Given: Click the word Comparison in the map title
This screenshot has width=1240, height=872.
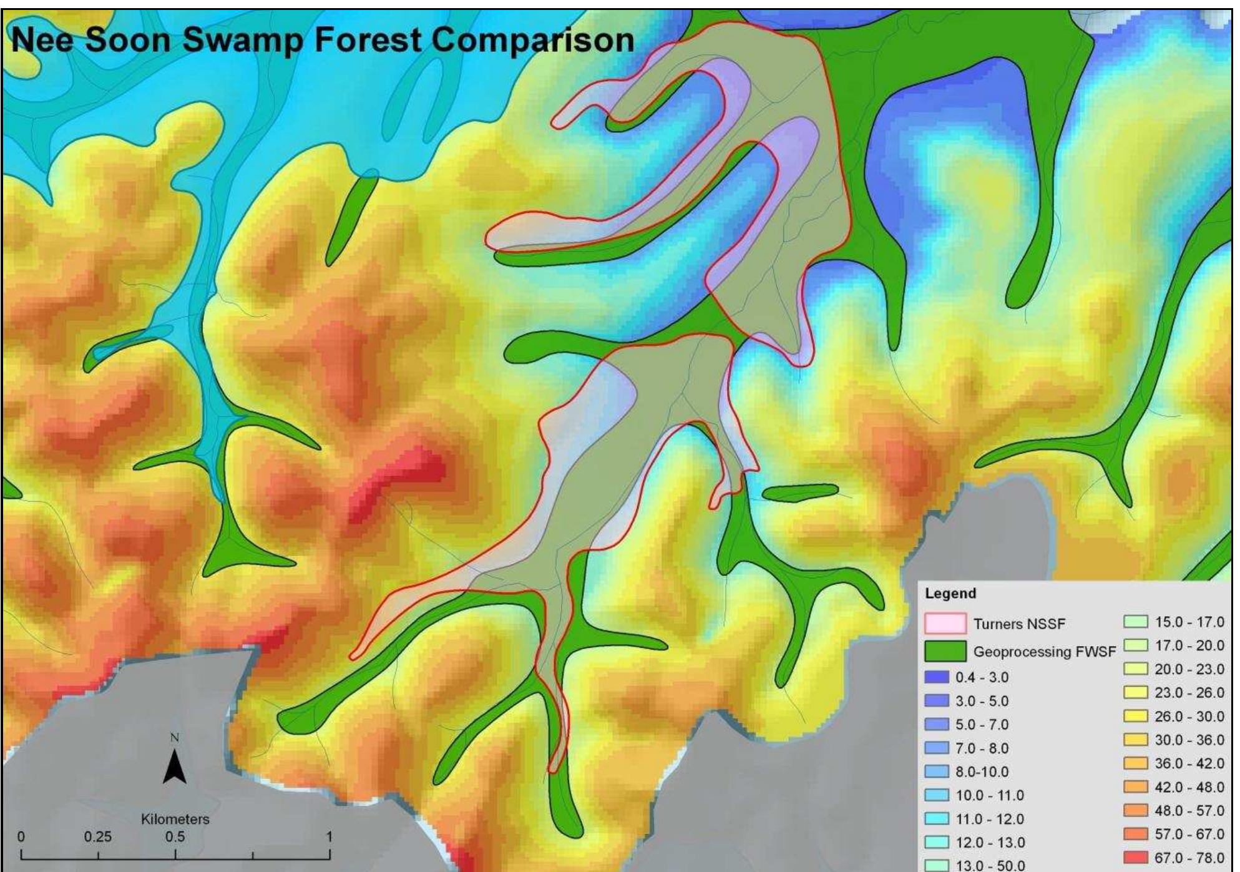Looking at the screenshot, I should [532, 41].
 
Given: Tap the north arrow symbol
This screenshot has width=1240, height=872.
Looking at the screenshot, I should [175, 767].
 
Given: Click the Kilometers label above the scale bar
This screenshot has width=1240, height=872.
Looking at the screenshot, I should [175, 819].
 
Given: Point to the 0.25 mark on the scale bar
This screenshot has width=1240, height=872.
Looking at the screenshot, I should [98, 837].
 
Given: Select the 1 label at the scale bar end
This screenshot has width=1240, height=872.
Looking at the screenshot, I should [329, 837].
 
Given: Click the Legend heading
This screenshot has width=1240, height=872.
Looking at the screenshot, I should [950, 594].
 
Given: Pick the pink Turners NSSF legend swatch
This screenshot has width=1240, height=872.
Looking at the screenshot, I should [945, 624].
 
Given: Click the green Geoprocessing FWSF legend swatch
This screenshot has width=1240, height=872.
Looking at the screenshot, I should [945, 652].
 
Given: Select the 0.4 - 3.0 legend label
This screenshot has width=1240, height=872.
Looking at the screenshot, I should [982, 677].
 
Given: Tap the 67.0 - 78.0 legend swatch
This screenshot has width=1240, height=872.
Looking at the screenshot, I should [1135, 858].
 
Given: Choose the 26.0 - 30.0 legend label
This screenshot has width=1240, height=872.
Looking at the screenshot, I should [1189, 717].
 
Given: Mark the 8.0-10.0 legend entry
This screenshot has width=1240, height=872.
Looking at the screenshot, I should [982, 772].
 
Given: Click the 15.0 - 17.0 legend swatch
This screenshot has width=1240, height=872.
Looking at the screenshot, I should [1135, 622].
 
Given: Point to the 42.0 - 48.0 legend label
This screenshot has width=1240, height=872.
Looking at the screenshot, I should [1189, 787].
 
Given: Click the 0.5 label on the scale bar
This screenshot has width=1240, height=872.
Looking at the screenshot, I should [175, 837].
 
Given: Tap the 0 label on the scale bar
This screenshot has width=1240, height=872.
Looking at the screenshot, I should [21, 837].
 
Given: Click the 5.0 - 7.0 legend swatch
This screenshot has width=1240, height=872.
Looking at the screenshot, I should [936, 725].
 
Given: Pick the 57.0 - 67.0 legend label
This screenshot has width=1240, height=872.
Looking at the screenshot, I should [1189, 835].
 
